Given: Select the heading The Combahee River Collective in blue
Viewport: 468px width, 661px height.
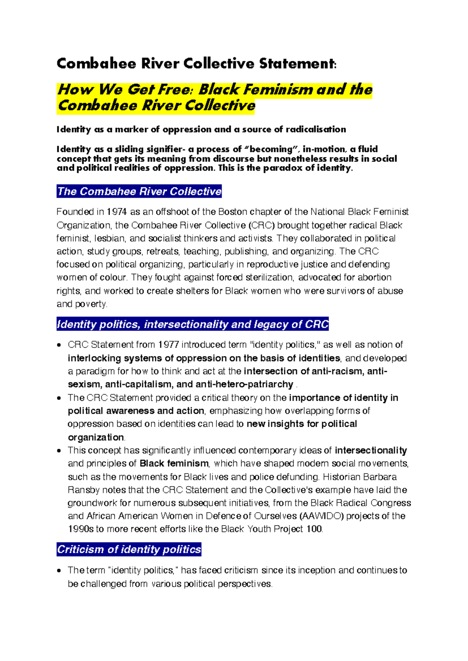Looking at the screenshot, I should (x=139, y=191).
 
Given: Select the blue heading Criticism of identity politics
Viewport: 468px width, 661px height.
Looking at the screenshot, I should (x=129, y=550).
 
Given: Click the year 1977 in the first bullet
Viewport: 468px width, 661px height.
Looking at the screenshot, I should (x=168, y=345).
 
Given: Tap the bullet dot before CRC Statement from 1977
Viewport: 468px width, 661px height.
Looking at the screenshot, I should (x=59, y=345).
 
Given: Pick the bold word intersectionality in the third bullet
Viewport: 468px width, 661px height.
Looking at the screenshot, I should (x=370, y=451).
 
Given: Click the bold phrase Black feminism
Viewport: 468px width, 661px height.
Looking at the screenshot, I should (x=174, y=464).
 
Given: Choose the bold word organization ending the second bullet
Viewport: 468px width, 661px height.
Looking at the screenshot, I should (x=96, y=437).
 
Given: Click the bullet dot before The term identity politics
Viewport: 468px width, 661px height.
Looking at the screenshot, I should (x=59, y=571).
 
